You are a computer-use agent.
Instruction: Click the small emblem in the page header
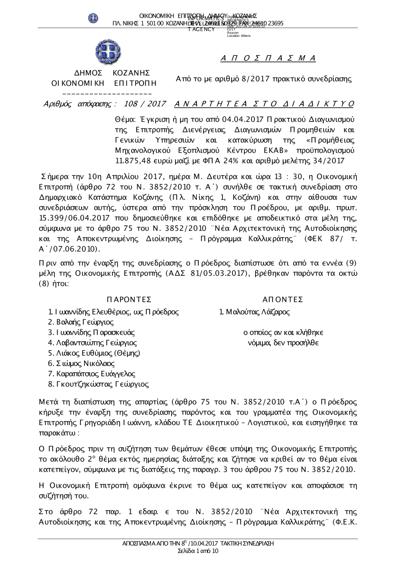click(93, 18)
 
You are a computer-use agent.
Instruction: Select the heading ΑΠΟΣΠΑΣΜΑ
click(268, 59)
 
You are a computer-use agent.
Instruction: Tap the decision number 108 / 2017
click(145, 104)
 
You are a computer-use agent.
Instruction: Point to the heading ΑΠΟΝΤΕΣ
click(283, 300)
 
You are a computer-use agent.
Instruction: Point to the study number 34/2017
click(330, 161)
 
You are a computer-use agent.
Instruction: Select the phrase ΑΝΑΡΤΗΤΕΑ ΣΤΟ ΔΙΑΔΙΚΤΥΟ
click(264, 104)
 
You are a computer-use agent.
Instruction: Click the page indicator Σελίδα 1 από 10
click(198, 551)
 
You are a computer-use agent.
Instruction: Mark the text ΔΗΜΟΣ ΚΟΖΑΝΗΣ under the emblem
click(112, 73)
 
